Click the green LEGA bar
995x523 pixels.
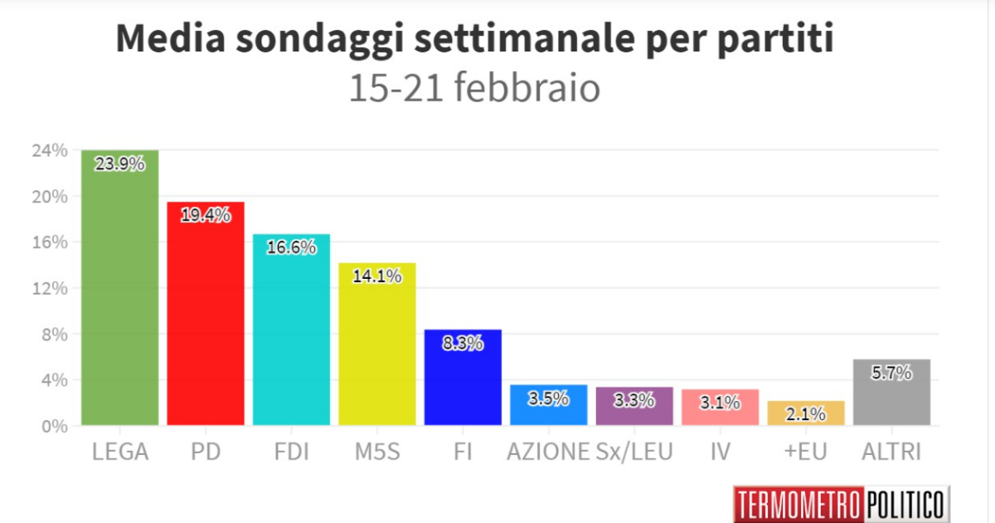pyautogui.click(x=119, y=291)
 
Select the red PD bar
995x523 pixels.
pyautogui.click(x=206, y=315)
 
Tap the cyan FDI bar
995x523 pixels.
pyautogui.click(x=291, y=332)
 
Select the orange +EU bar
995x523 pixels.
pyautogui.click(x=806, y=413)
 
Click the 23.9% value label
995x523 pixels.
pyautogui.click(x=119, y=164)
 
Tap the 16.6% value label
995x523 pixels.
pyautogui.click(x=291, y=247)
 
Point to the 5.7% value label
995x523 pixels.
pyautogui.click(x=891, y=373)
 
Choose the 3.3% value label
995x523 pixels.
pyautogui.click(x=634, y=399)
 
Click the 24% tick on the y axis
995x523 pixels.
pyautogui.click(x=49, y=151)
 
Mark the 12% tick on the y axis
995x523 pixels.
pyautogui.click(x=49, y=288)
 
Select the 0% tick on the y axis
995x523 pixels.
pyautogui.click(x=53, y=426)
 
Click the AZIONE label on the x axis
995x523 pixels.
pyautogui.click(x=548, y=452)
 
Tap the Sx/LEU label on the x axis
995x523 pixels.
pyautogui.click(x=634, y=452)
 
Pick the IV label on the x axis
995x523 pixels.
pyautogui.click(x=720, y=452)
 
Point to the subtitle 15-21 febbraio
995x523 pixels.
pyautogui.click(x=473, y=89)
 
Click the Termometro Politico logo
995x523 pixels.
pyautogui.click(x=840, y=504)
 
